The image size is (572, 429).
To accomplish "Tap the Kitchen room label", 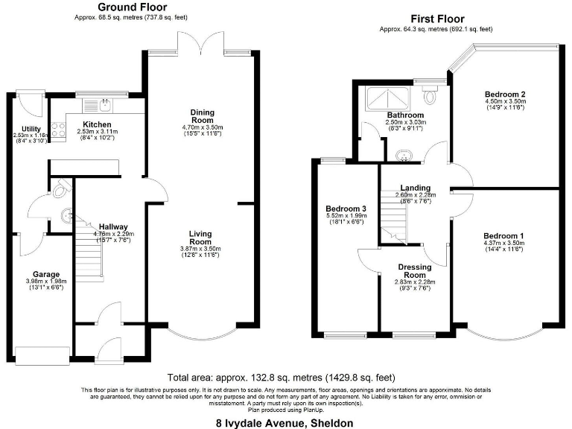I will pyautogui.click(x=97, y=124).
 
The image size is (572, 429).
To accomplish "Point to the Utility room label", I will pyautogui.click(x=31, y=129).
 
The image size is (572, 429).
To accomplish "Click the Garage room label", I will pyautogui.click(x=46, y=274).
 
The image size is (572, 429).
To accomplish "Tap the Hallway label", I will pyautogui.click(x=110, y=227).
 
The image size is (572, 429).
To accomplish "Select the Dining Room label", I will pyautogui.click(x=201, y=116).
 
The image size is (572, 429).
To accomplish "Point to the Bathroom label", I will pyautogui.click(x=404, y=115).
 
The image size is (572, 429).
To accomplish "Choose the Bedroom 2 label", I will pyautogui.click(x=505, y=95).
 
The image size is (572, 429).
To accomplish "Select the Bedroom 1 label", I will pyautogui.click(x=503, y=236).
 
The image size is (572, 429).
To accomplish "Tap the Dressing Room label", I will pyautogui.click(x=413, y=270).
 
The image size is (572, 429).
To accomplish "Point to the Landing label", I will pyautogui.click(x=415, y=188).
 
